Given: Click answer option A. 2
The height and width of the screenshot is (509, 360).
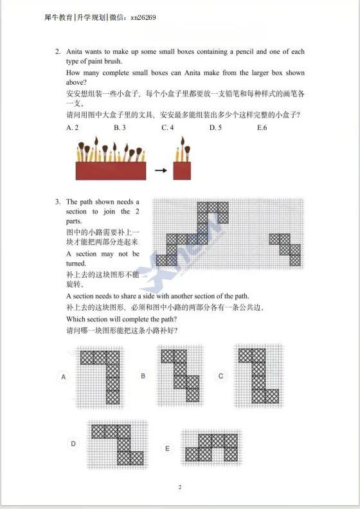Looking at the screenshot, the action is click(x=72, y=128).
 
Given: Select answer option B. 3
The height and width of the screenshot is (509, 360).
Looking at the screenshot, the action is click(x=120, y=128).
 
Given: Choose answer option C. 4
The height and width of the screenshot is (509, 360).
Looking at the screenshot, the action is click(x=168, y=128).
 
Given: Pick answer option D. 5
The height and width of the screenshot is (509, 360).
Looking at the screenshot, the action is click(x=215, y=128).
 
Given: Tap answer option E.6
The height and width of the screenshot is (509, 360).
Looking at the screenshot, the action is click(x=262, y=128).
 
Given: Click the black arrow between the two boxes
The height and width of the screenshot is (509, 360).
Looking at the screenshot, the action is click(x=160, y=171).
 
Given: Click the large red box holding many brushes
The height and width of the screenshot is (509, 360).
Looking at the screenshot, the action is click(x=111, y=170).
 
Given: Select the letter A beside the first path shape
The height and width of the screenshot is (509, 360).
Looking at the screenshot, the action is click(x=64, y=377).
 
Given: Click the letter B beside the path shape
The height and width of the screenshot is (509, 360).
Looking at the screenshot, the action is click(x=143, y=376).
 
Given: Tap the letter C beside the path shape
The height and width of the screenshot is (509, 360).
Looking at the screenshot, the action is click(x=221, y=376).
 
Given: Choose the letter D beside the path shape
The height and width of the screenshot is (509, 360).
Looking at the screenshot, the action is click(x=73, y=443).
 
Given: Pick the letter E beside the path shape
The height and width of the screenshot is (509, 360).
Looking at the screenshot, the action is click(x=167, y=448).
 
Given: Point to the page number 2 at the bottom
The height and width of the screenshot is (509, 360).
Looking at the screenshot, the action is click(x=180, y=488).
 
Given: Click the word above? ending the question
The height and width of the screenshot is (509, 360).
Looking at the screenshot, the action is click(x=77, y=82).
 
